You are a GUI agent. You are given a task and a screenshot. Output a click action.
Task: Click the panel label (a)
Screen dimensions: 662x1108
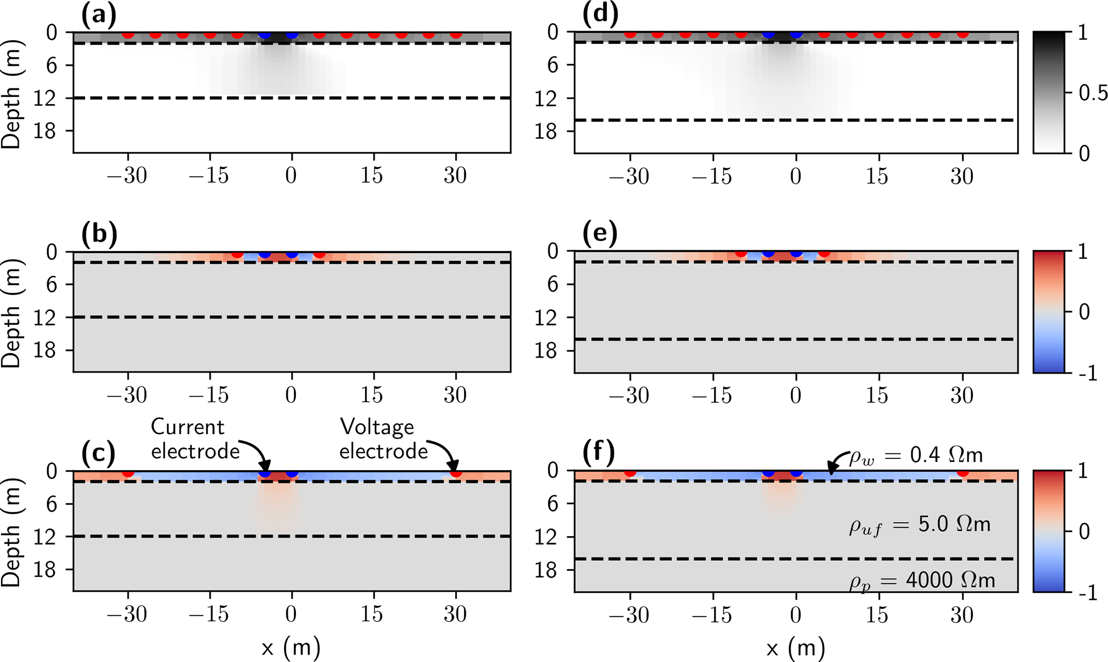[x=99, y=16]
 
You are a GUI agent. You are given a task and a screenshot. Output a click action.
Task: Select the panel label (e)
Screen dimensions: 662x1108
[x=600, y=234]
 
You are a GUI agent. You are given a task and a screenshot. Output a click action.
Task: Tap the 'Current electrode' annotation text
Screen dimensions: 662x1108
[x=195, y=439]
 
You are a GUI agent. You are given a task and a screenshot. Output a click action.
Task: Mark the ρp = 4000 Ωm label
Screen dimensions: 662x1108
[x=921, y=581]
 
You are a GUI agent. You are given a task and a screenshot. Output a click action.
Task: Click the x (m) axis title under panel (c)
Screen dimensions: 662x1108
[x=291, y=648]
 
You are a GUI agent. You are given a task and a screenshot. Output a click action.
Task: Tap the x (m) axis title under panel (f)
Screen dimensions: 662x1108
[x=795, y=648]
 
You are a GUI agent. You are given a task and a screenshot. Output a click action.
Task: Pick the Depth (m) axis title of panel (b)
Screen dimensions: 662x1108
[x=11, y=311]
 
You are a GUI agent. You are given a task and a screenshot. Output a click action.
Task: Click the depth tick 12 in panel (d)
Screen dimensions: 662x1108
[x=551, y=98]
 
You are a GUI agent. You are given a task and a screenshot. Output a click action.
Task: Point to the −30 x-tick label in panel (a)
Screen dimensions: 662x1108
[x=127, y=176]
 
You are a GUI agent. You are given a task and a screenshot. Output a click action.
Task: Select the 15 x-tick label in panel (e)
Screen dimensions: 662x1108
[x=878, y=396]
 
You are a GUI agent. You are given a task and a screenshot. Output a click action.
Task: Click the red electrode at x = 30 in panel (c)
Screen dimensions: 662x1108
[x=456, y=473]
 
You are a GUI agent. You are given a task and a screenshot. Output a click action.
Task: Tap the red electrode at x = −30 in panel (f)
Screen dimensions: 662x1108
[x=630, y=472]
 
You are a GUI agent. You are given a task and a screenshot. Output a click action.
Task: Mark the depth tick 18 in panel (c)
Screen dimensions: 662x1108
[x=47, y=569]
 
